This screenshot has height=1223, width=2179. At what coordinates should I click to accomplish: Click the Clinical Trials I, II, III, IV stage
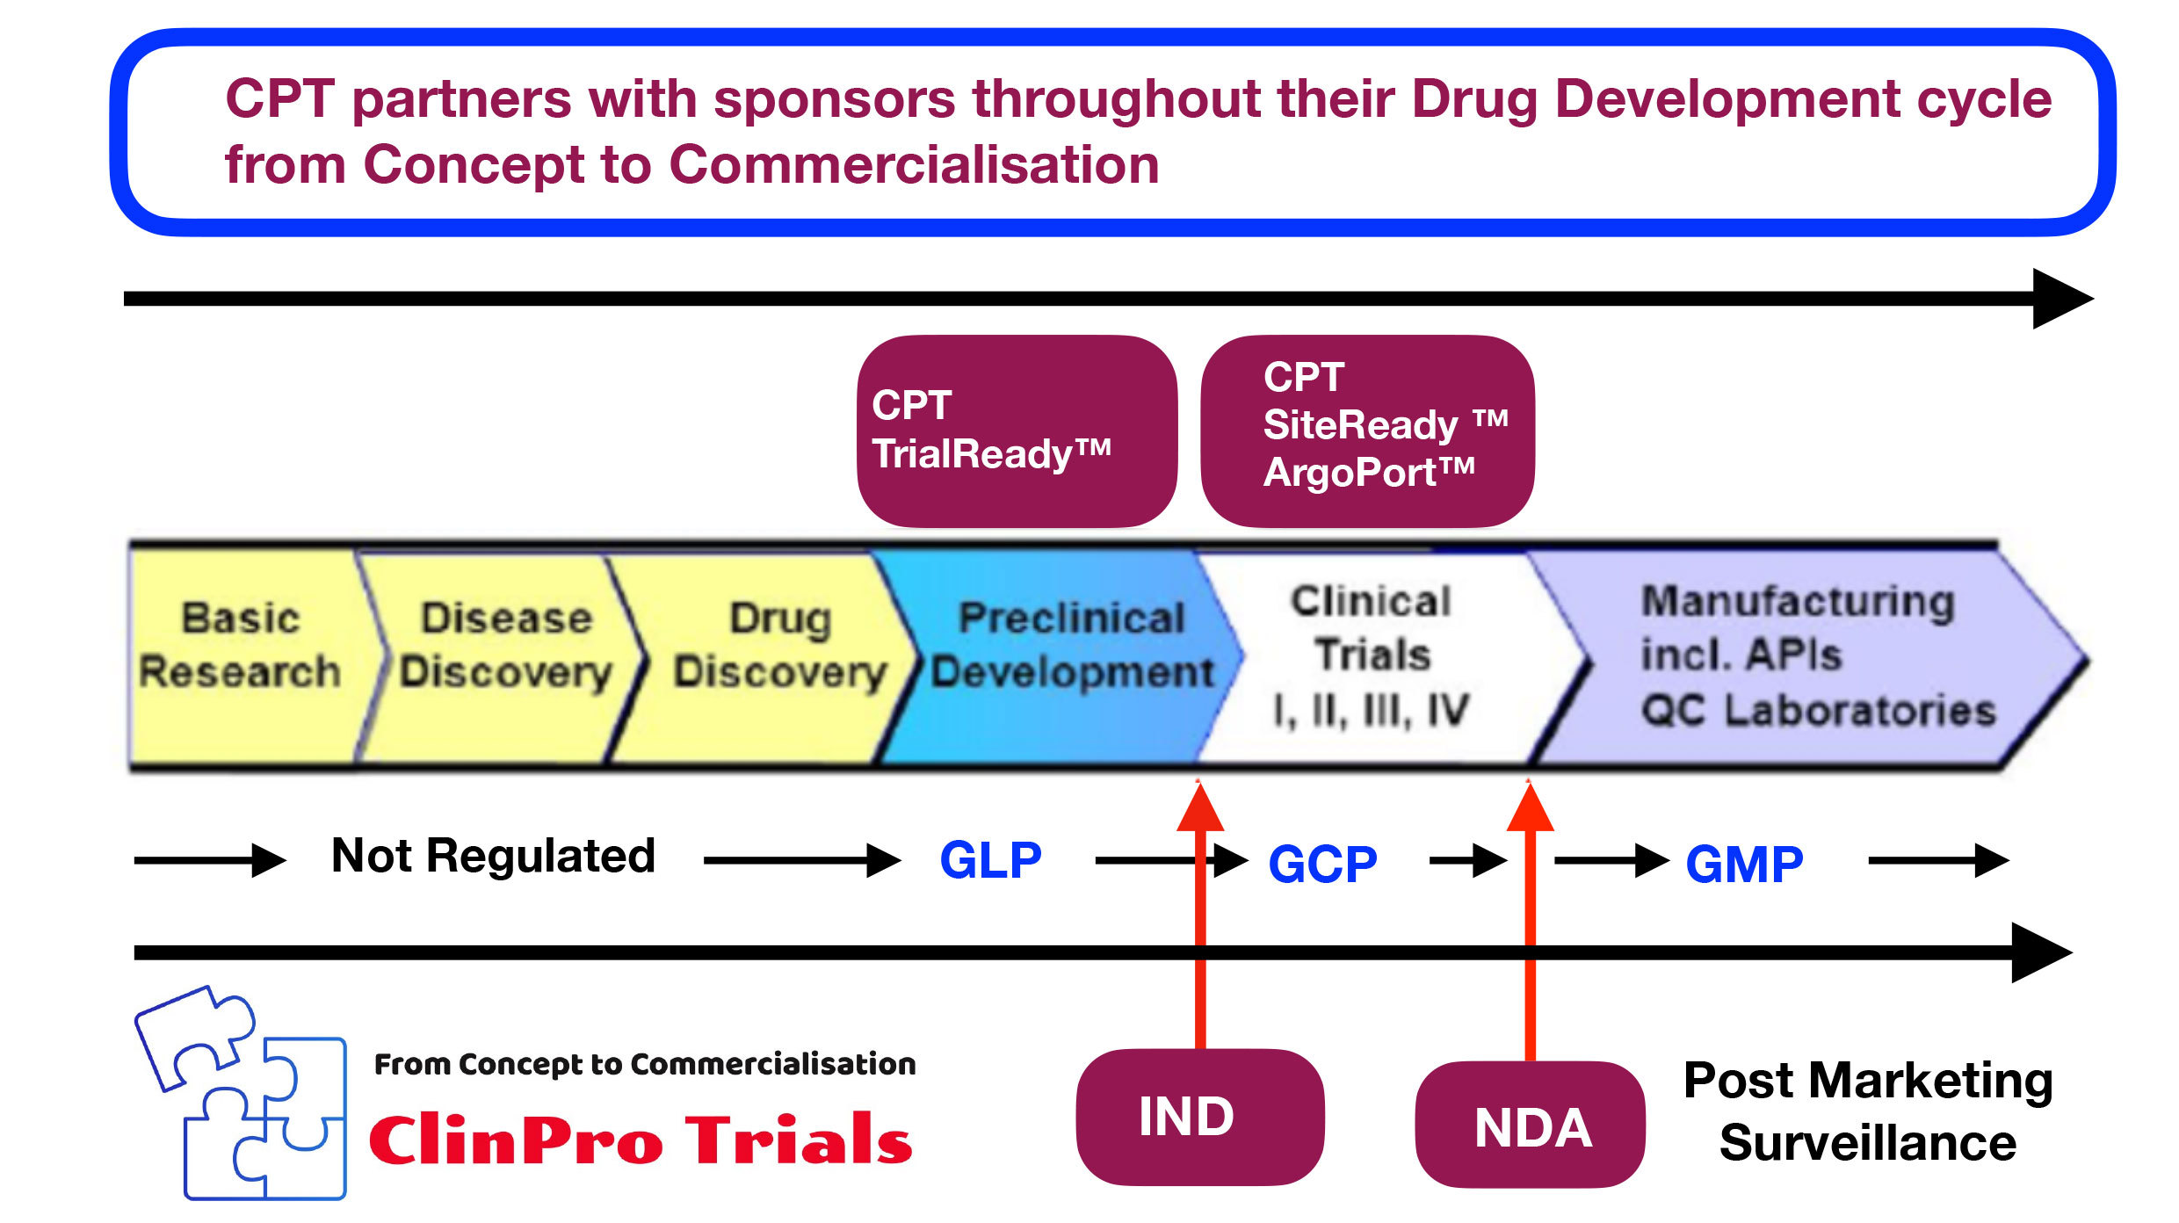[1371, 655]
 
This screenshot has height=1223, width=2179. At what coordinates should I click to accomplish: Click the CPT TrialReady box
[1017, 431]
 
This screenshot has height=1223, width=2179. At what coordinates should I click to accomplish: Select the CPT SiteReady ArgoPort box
[1367, 431]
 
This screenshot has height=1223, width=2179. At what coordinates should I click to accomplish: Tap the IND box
[1199, 1117]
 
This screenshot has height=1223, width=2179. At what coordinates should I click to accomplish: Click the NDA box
[1531, 1125]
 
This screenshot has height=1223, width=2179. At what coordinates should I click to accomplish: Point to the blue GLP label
[990, 860]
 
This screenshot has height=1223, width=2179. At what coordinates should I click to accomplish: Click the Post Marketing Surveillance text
[1868, 1111]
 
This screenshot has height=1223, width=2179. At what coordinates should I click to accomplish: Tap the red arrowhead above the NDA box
[1530, 807]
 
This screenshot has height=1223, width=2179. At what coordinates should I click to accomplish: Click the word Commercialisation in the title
[914, 165]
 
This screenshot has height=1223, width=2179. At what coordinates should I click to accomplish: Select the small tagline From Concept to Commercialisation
[645, 1065]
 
